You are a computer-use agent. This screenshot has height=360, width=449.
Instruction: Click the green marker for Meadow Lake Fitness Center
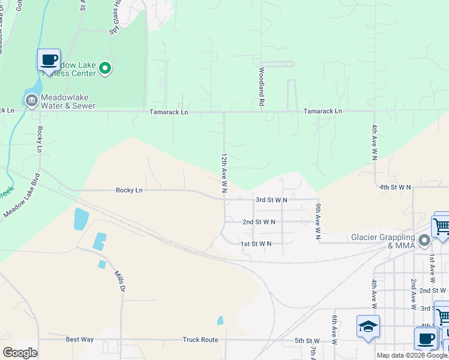106,68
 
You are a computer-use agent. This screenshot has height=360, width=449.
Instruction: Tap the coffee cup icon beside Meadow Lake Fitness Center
49,61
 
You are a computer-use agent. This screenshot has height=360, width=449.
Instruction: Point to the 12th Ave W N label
223,172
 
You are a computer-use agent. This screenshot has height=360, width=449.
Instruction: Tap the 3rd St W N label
271,199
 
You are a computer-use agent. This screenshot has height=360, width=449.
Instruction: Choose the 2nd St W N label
259,221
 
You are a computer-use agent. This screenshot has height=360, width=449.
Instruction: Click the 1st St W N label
256,244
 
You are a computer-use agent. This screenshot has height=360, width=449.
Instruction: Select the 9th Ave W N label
318,221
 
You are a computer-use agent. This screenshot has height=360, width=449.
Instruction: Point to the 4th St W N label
395,187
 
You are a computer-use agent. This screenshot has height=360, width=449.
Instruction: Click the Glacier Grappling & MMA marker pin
425,241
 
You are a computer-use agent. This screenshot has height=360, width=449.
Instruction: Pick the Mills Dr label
119,281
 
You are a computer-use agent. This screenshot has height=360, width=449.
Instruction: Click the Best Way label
80,340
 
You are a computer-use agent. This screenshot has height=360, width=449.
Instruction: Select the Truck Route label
200,340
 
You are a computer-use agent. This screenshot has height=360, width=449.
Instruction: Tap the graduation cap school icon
368,327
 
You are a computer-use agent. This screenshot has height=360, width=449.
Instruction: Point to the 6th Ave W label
334,329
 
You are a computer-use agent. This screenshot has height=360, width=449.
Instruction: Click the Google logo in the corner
20,352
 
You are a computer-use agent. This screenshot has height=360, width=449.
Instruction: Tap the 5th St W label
307,341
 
